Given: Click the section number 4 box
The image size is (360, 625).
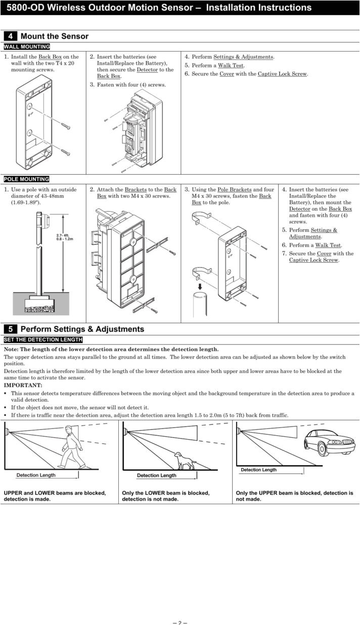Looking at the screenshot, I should (x=10, y=36).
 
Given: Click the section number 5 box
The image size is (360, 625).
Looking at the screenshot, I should (x=10, y=329).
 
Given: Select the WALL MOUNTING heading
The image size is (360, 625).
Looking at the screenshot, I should (x=27, y=47).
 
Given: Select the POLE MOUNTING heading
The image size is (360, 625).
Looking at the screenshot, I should (x=27, y=179).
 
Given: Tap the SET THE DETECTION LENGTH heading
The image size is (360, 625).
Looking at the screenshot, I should (x=43, y=340).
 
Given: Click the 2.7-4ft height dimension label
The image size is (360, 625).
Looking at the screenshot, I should (x=65, y=237).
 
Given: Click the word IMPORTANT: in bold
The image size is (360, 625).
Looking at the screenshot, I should (x=23, y=386).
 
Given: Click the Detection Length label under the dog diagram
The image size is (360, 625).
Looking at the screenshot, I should (x=157, y=475).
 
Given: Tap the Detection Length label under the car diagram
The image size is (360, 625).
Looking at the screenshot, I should (x=258, y=470).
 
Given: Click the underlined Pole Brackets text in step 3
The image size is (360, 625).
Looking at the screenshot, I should (x=234, y=190).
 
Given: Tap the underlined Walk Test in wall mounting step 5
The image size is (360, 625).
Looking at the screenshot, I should (x=231, y=66).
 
